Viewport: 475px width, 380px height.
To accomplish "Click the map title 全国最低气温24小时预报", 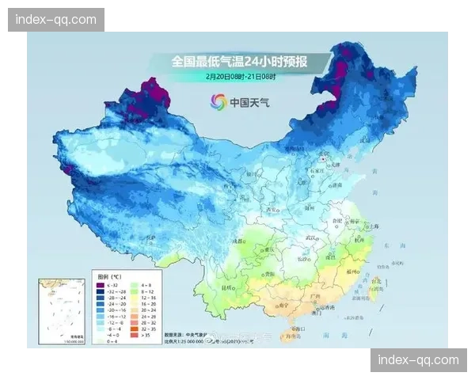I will (240, 61).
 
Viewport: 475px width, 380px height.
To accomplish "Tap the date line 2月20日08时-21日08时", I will (240, 76).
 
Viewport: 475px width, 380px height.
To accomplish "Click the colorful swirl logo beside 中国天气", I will (218, 101).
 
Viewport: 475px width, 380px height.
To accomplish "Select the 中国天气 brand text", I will (251, 101).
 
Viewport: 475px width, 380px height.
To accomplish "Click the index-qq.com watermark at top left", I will (56, 19).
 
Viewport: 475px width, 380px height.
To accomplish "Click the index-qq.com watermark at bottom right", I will (418, 360).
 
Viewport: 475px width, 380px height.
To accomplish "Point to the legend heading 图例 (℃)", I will (111, 276).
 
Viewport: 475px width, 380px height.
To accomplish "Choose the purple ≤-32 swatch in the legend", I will (101, 284).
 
